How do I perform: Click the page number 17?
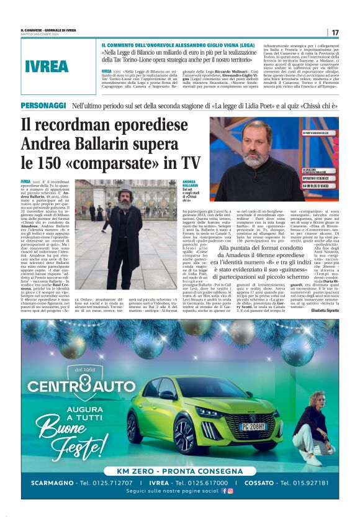tap(335, 32)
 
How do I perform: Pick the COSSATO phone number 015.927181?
tap(303, 482)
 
